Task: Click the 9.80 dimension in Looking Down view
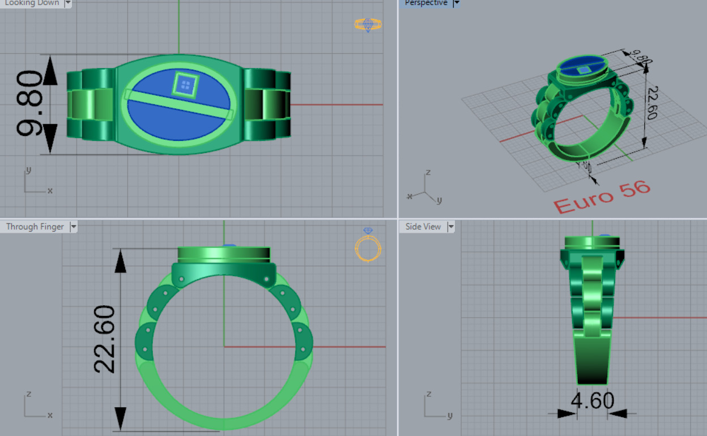(x=29, y=104)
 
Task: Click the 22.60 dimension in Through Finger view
(x=105, y=339)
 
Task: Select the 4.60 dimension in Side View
(x=592, y=401)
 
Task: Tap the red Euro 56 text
(x=602, y=198)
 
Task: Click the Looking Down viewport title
(x=32, y=3)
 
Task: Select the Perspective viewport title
(x=426, y=3)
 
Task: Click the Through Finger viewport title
(x=35, y=226)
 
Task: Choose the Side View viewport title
(x=423, y=226)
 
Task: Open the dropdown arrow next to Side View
(x=451, y=226)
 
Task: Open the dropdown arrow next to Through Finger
(x=73, y=226)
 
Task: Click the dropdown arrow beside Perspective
(x=457, y=3)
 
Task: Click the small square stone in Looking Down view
(x=185, y=85)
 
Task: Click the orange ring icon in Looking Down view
(x=368, y=24)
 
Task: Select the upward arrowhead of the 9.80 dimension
(x=50, y=70)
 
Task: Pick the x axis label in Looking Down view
(x=50, y=191)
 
